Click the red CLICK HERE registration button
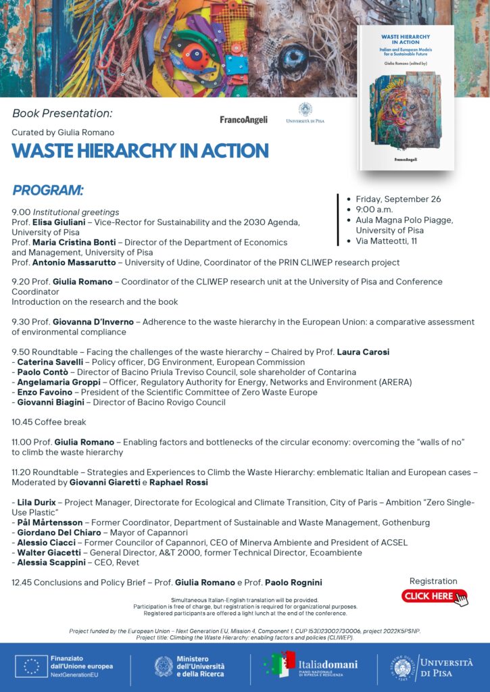click(x=433, y=596)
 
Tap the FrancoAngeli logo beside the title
click(x=243, y=120)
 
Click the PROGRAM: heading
click(x=48, y=190)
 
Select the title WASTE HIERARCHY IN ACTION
click(x=140, y=151)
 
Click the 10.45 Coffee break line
click(x=49, y=422)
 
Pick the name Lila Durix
click(x=35, y=502)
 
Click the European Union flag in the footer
click(x=32, y=666)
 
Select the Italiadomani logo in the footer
click(x=311, y=665)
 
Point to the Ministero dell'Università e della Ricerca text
click(x=200, y=666)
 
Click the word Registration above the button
click(x=433, y=581)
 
